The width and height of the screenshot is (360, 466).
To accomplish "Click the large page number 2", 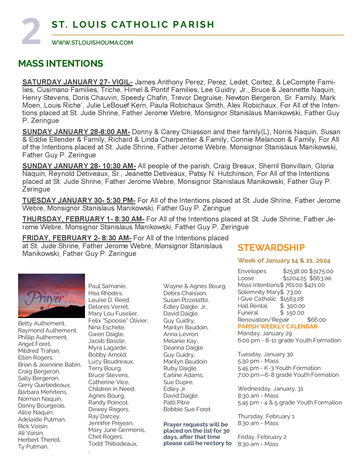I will tap(31, 32).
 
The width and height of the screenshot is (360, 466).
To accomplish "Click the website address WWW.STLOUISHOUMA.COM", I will tap(92, 43).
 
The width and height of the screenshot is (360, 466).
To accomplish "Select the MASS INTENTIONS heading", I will tap(60, 64).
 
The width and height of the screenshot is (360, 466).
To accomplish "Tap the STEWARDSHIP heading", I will tap(271, 248).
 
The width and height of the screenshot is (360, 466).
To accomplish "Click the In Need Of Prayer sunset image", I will tap(51, 296).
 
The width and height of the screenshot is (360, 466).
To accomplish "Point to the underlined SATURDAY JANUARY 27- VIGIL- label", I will tap(77, 82).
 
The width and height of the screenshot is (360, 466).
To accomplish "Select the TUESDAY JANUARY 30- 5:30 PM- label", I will tap(79, 201).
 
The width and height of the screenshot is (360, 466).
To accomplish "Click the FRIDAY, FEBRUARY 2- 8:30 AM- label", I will tap(77, 238).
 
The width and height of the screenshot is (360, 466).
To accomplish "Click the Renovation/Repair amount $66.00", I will tap(316, 320).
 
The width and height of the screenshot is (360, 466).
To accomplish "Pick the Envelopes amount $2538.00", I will tap(295, 271).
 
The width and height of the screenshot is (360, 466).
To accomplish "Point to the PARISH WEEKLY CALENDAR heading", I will tap(278, 326).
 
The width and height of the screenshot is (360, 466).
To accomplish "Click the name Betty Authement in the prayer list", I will tap(42, 323).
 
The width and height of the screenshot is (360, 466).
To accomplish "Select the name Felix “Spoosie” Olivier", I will tap(118, 321).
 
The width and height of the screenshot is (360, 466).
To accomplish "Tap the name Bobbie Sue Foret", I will tap(187, 409).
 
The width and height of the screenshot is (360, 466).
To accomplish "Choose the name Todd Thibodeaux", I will tap(113, 444).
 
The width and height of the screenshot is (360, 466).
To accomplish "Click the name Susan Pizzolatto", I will tap(186, 300).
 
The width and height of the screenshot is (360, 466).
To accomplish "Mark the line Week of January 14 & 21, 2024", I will tap(284, 260).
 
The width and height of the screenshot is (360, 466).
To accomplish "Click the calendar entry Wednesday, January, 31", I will tap(270, 389).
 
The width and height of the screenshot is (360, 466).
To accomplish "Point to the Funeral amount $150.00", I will tap(292, 313).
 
